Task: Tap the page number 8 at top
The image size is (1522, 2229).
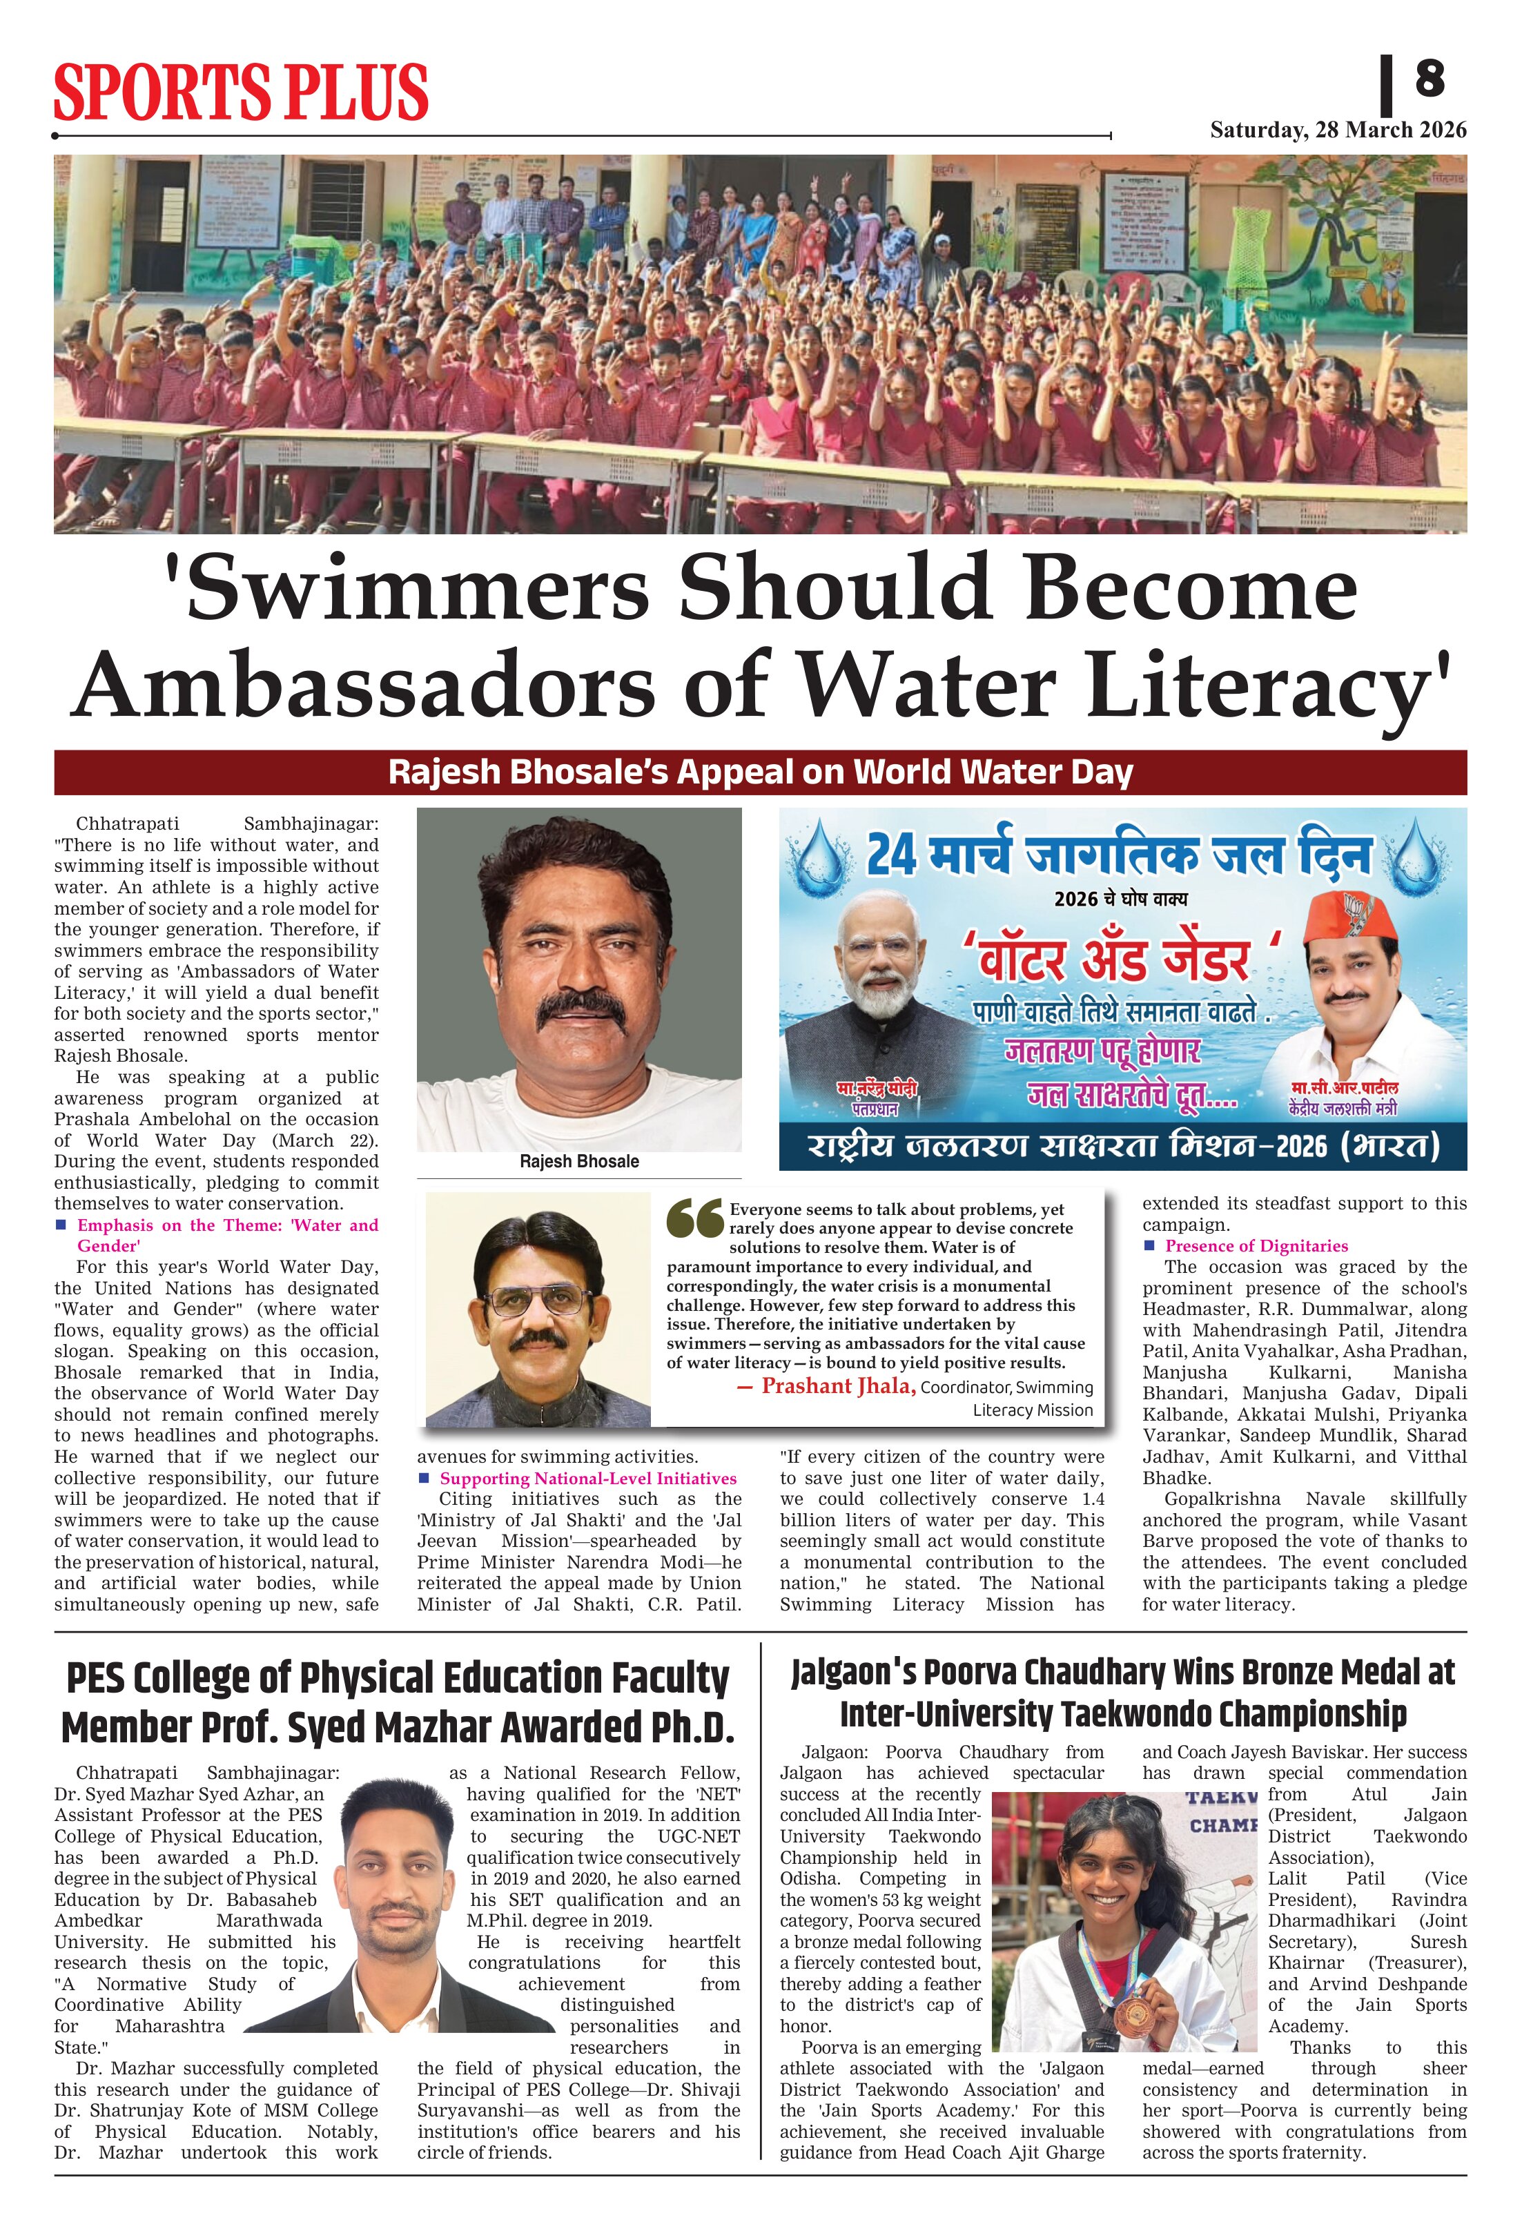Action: (1428, 78)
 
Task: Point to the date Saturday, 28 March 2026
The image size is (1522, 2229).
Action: (1338, 130)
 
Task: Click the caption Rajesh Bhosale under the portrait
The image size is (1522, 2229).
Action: (578, 1162)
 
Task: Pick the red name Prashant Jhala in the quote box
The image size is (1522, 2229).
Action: (838, 1386)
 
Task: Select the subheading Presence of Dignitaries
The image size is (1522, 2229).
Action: (1256, 1246)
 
